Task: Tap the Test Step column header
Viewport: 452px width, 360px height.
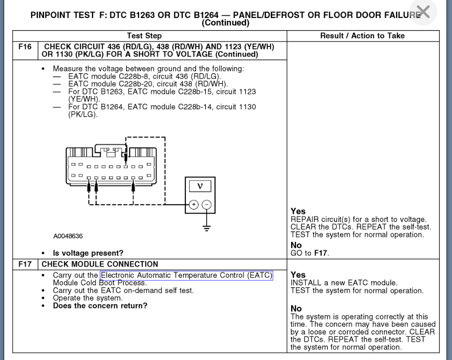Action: tap(144, 36)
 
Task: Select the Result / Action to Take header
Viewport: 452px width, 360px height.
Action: tap(363, 36)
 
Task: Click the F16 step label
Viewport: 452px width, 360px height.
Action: tap(24, 47)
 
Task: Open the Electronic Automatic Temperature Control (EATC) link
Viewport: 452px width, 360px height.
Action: tap(186, 275)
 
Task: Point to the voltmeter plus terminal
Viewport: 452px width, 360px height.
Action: tap(194, 204)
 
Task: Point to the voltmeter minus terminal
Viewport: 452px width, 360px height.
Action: tap(207, 204)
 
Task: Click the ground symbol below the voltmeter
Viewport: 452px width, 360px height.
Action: tap(207, 227)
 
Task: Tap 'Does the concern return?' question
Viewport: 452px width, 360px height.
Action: tap(100, 305)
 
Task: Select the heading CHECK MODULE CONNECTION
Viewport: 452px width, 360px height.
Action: tap(100, 264)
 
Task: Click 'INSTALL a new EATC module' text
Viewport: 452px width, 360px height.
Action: tap(344, 283)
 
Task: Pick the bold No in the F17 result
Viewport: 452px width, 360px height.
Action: tap(296, 309)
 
